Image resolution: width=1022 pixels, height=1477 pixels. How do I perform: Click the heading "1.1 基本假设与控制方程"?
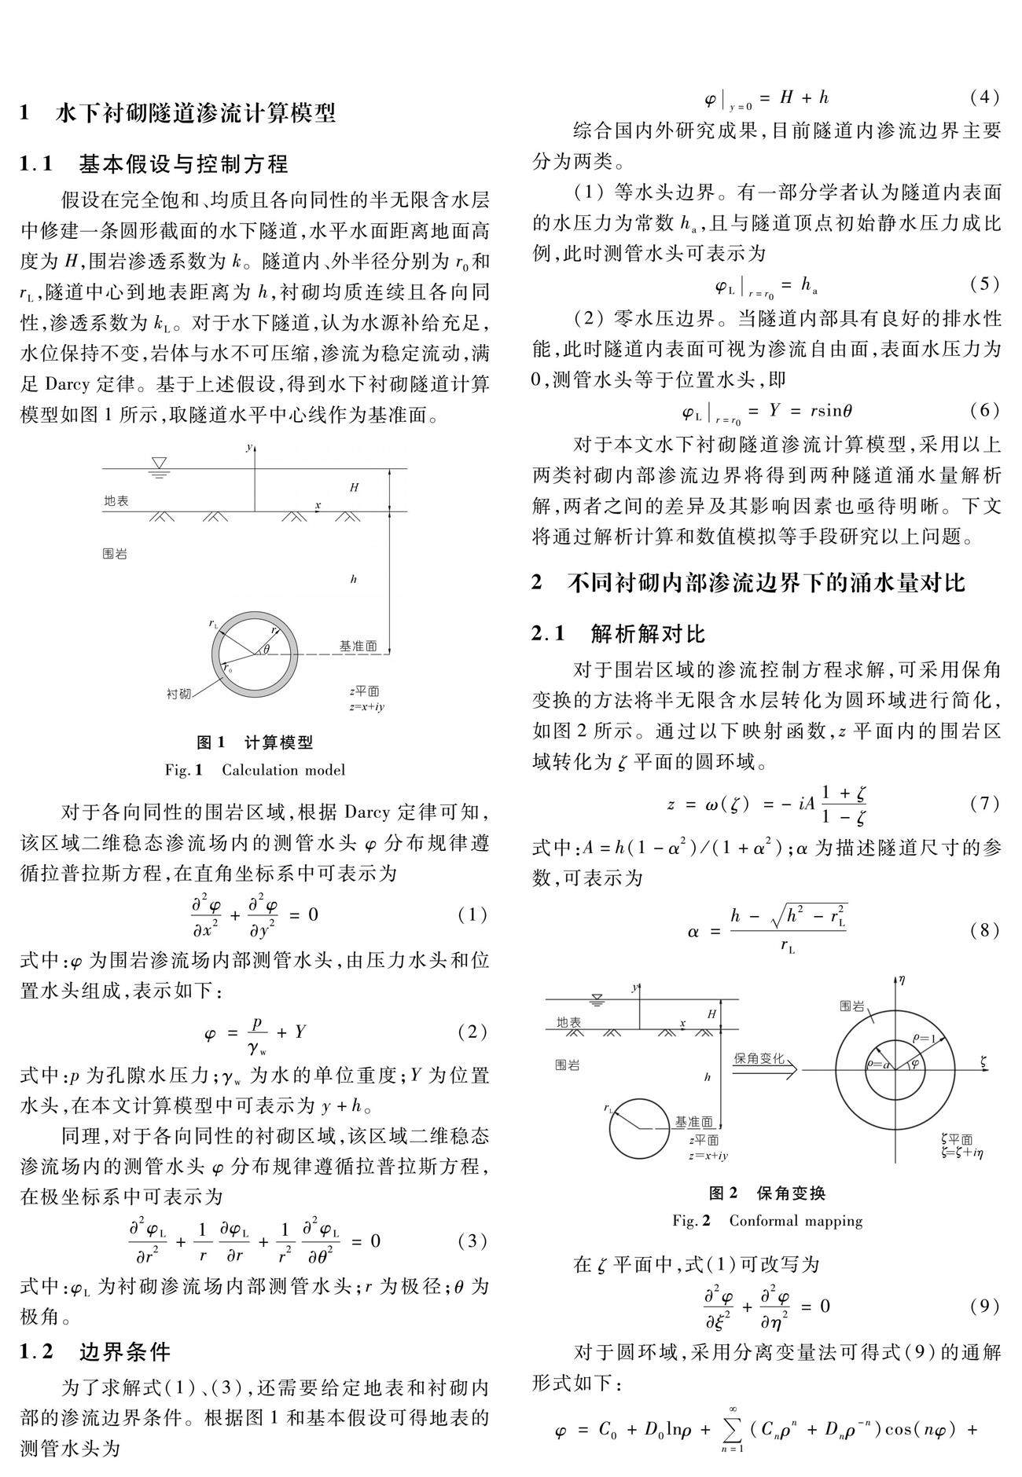154,163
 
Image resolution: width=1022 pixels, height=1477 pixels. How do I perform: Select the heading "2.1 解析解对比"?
619,633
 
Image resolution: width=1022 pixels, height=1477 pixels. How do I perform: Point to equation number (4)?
984,97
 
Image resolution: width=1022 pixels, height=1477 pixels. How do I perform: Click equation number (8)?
984,931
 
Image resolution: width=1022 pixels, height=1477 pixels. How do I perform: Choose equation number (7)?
984,804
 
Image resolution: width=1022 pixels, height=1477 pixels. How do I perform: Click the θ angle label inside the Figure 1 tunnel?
266,649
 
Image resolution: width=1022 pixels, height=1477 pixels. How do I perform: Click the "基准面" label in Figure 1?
358,647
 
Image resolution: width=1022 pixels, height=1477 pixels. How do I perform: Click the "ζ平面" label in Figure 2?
956,1140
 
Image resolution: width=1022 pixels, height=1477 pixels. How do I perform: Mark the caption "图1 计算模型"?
254,742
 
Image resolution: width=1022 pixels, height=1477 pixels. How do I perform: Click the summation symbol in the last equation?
731,1430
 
